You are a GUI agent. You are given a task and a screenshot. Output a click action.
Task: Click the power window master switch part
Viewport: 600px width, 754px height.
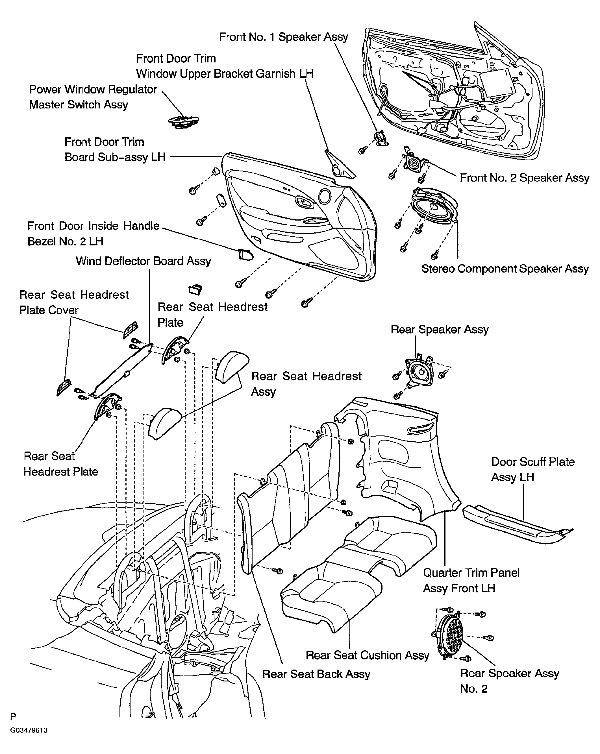pos(183,122)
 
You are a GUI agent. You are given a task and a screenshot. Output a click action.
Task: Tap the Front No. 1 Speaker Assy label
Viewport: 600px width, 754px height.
pos(283,37)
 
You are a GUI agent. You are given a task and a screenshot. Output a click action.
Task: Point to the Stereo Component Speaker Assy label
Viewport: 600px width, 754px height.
pos(505,269)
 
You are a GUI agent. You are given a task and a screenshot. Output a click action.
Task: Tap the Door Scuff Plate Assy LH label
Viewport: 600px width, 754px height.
pos(532,469)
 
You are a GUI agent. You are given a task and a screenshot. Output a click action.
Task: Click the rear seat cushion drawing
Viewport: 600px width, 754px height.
pos(357,574)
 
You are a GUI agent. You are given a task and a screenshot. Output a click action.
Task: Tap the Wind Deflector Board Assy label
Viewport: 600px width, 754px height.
pos(144,261)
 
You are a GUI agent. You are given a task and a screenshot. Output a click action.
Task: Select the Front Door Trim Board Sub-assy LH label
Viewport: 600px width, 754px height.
pos(115,150)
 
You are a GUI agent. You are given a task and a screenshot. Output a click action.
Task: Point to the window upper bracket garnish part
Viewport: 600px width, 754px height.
pos(339,164)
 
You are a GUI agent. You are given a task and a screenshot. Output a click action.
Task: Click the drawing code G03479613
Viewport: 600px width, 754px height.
pos(29,730)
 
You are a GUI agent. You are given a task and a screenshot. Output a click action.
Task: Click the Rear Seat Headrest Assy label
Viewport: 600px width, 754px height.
pos(306,384)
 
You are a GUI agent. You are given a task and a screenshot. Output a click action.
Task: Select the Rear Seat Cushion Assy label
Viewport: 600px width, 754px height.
pos(367,655)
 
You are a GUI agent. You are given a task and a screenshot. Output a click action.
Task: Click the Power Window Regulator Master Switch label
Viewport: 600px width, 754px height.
pos(93,97)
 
